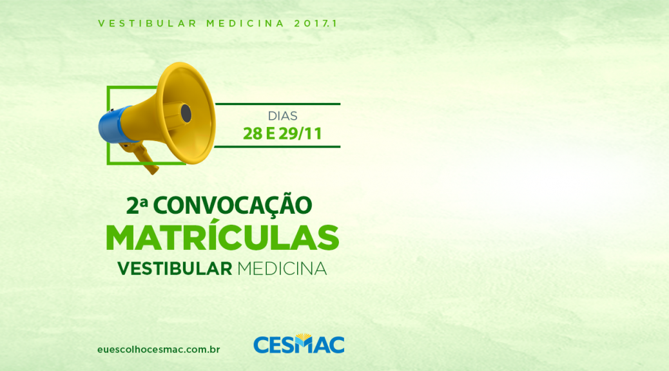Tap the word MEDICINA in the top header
[x=246, y=23]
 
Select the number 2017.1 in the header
[x=316, y=23]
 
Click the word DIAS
[x=282, y=116]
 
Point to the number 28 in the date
[x=253, y=134]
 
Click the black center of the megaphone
[x=186, y=113]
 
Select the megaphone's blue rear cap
[x=111, y=124]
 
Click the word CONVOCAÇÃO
[x=233, y=204]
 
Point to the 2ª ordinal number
[x=137, y=205]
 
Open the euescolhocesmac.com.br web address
[x=159, y=350]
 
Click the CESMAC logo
[x=298, y=344]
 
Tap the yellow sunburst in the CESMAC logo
[x=304, y=338]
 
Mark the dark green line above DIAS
[x=277, y=104]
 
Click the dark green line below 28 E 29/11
[x=277, y=147]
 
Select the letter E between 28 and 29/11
[x=270, y=134]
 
